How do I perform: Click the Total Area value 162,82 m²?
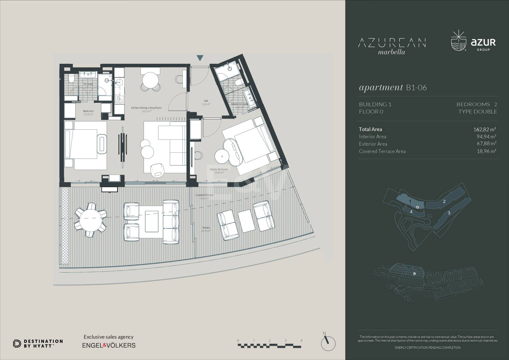point(485,129)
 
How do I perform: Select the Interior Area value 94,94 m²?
point(486,137)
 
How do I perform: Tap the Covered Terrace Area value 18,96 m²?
point(486,151)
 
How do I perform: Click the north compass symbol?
point(328,342)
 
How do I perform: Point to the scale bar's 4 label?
point(301,341)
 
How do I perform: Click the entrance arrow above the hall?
point(200,58)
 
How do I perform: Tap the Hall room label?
point(206,101)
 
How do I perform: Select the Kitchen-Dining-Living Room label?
point(146,108)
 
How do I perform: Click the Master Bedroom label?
point(219,170)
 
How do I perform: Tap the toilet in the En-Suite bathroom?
point(71,79)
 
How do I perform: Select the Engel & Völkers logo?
point(109,345)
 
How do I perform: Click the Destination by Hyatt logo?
point(38,344)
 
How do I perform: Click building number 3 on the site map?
point(449,213)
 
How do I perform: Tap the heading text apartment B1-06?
point(393,88)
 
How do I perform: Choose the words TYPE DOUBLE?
point(477,112)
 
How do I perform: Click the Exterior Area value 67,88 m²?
point(486,144)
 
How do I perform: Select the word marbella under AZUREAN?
point(392,52)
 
